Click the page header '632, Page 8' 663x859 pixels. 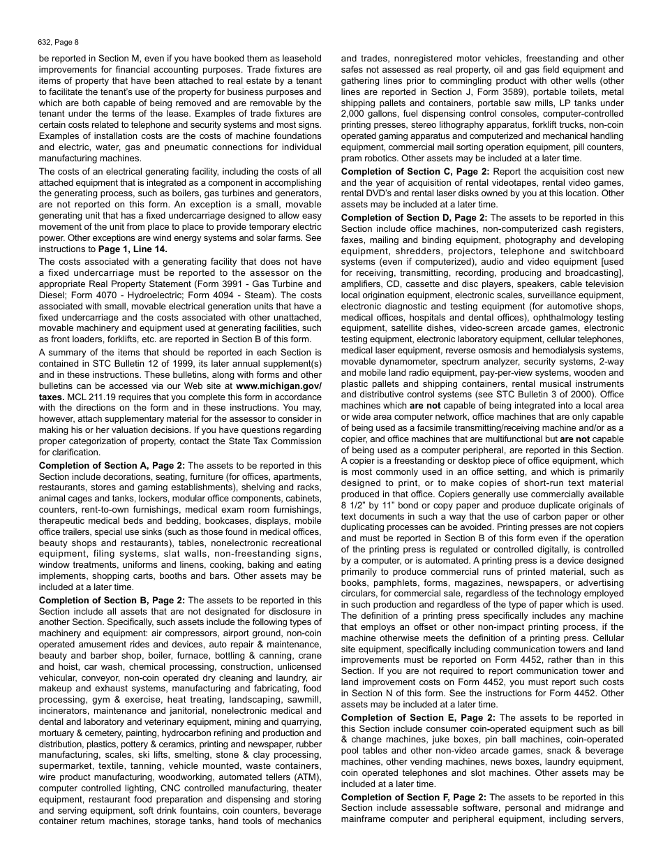coord(59,42)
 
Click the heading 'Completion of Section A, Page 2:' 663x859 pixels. coord(112,465)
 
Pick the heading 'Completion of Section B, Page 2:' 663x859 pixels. coord(112,600)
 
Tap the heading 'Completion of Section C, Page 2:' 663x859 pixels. coord(415,172)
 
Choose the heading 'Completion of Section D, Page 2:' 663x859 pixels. coord(415,218)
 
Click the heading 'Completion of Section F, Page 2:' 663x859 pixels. coord(414,797)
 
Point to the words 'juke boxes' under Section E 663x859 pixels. coord(446,740)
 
